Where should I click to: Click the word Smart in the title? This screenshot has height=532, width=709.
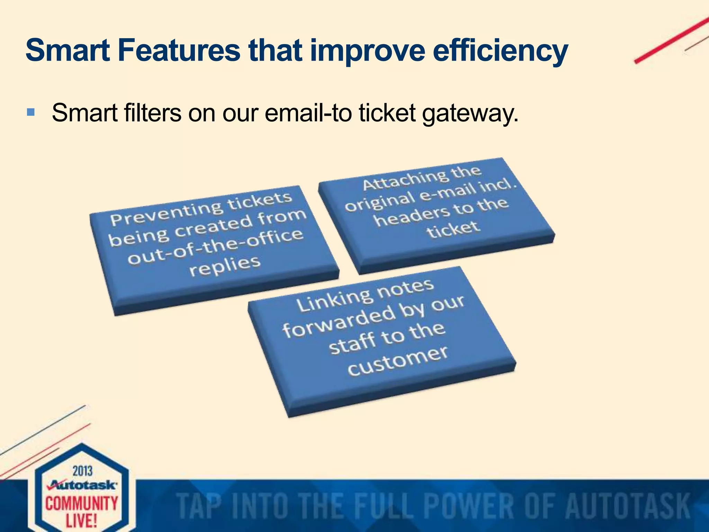click(x=68, y=51)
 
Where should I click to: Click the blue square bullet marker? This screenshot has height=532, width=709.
click(x=30, y=112)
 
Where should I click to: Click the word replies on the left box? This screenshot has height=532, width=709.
click(x=225, y=266)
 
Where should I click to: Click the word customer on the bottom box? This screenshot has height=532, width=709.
click(x=398, y=361)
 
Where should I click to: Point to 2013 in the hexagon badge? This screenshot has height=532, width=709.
click(x=82, y=471)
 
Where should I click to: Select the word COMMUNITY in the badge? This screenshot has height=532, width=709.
click(x=82, y=503)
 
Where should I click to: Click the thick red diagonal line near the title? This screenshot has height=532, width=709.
click(x=672, y=40)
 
